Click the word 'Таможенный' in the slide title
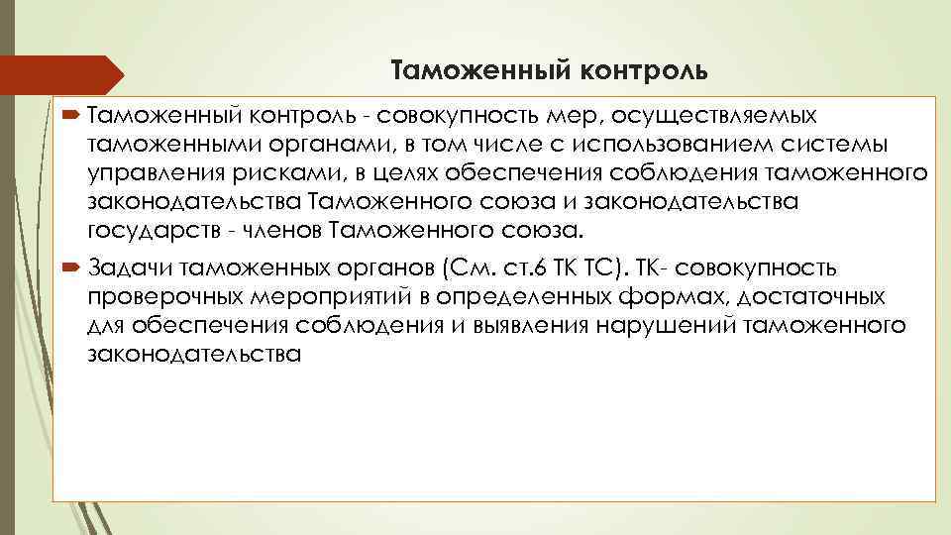[x=463, y=70]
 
